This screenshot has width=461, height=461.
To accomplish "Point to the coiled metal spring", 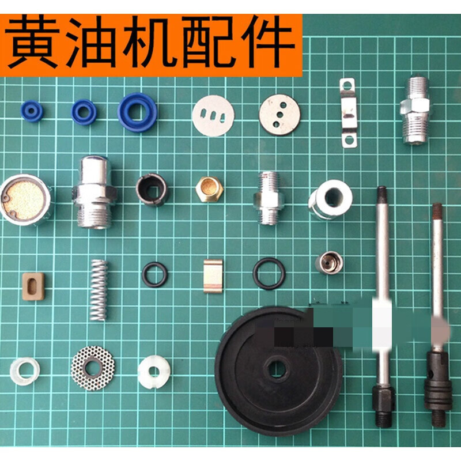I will [x=99, y=289].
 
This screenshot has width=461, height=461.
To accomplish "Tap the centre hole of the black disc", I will [x=277, y=369].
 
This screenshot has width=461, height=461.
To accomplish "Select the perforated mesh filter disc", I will [x=92, y=367].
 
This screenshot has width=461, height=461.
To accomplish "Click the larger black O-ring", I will [x=269, y=274].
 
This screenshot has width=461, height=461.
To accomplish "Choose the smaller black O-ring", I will [x=155, y=275].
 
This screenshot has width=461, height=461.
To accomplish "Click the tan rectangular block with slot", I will [x=33, y=286].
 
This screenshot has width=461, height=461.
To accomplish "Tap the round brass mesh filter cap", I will [x=25, y=199].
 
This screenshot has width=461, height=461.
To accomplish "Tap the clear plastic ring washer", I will [x=25, y=372].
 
